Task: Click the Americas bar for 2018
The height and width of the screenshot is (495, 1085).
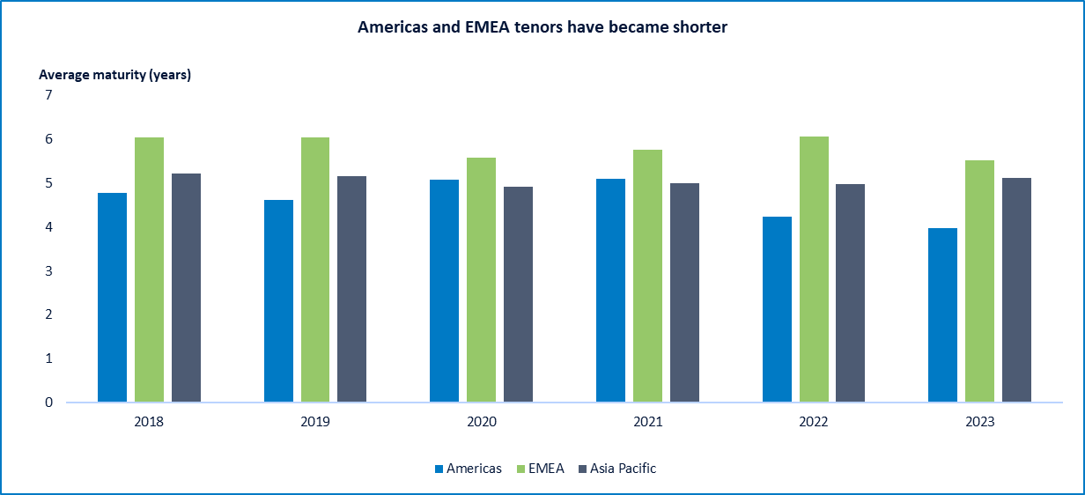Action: (x=112, y=298)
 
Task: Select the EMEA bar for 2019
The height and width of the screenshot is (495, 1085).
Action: (x=315, y=270)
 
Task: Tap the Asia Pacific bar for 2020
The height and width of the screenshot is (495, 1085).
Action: (x=518, y=294)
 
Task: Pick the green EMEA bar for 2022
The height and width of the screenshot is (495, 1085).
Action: (x=814, y=270)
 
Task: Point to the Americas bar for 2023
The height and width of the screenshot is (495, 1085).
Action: (x=942, y=315)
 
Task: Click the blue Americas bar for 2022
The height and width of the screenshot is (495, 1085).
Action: (x=777, y=309)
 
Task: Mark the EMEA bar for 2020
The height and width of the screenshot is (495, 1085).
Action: (x=481, y=280)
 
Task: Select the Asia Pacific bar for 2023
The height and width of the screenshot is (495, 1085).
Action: (x=1016, y=290)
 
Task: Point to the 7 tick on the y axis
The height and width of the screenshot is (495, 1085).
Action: (x=48, y=95)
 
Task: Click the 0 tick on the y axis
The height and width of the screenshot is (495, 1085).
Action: (x=48, y=403)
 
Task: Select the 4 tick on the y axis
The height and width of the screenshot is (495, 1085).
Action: (x=48, y=227)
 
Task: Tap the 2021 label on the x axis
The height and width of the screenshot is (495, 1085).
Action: (x=647, y=422)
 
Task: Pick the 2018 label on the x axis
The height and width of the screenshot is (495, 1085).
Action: (x=149, y=422)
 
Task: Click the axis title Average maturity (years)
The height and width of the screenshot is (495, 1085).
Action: (x=114, y=75)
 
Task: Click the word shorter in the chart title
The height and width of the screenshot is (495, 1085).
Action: (x=697, y=27)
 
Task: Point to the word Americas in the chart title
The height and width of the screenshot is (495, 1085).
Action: (x=390, y=27)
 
